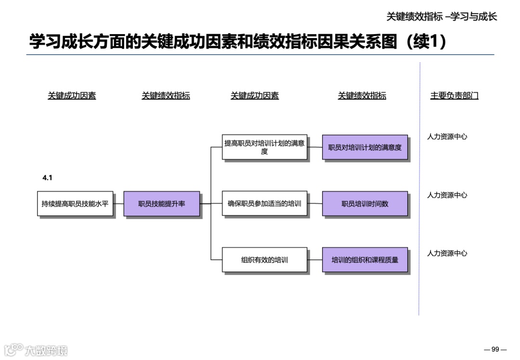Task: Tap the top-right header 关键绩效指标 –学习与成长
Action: (442, 16)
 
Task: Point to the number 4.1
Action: (47, 178)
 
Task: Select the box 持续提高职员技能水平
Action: (75, 204)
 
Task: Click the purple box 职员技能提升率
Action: (161, 204)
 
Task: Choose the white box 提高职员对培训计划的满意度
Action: (264, 147)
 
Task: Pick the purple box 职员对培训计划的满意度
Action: (364, 147)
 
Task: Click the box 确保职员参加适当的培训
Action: (264, 204)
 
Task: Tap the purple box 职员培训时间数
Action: (364, 204)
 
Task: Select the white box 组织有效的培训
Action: (264, 260)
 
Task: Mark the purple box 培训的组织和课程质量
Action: (364, 260)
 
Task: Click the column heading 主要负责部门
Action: (454, 96)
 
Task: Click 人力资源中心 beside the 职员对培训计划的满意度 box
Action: (447, 137)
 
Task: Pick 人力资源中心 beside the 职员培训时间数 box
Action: (447, 195)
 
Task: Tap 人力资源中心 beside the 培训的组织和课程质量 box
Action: (447, 254)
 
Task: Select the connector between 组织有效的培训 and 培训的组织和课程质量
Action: (315, 260)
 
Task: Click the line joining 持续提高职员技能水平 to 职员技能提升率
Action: (118, 204)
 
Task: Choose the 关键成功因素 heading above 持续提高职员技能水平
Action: (72, 96)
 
